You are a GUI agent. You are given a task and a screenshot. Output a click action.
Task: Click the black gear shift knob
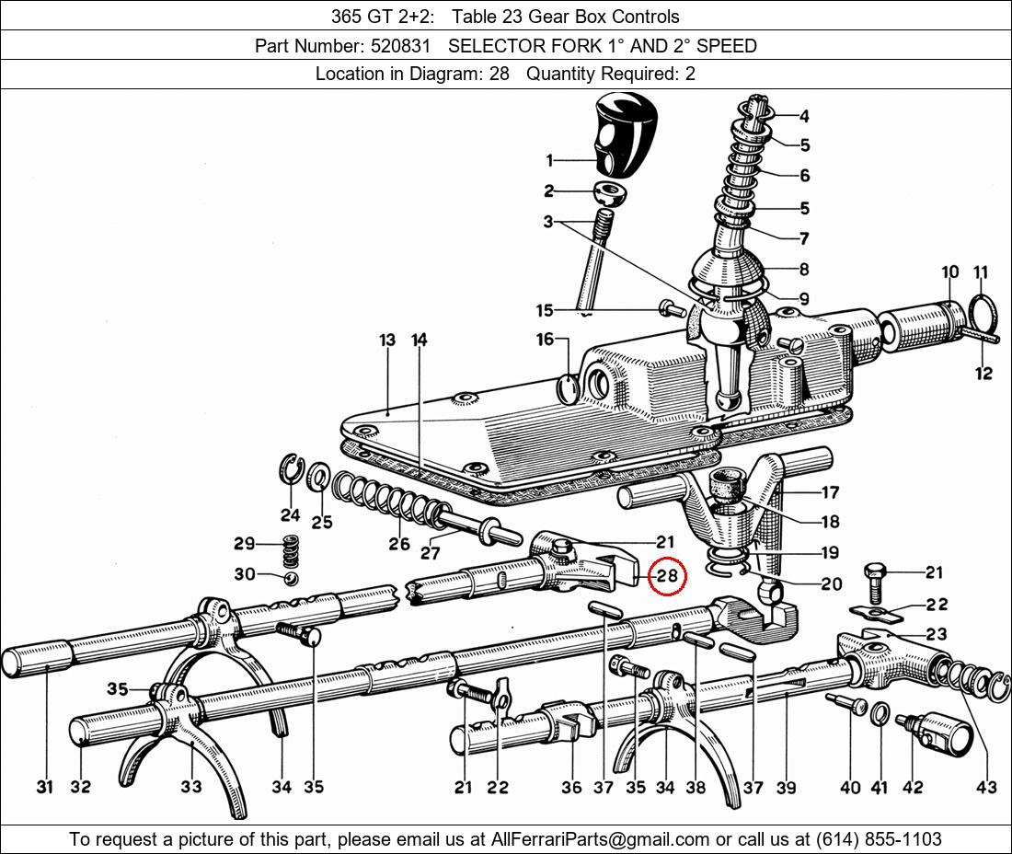(x=624, y=133)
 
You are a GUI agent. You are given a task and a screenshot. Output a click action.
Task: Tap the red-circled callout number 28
(x=667, y=574)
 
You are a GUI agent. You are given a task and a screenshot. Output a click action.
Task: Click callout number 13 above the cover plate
(x=386, y=340)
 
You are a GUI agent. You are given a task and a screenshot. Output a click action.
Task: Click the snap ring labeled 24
(x=291, y=468)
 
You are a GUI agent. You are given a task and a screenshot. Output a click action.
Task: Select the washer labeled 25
(x=318, y=477)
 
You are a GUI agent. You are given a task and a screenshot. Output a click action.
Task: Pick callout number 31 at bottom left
(x=44, y=787)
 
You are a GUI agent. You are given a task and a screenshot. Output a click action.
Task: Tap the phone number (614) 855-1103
(x=879, y=839)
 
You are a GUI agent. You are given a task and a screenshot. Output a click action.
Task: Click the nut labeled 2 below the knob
(x=611, y=192)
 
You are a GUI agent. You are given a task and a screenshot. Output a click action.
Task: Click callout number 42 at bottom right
(x=913, y=788)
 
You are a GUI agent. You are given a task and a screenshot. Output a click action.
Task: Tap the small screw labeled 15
(x=673, y=308)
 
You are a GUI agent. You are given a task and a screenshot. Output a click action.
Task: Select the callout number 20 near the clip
(x=832, y=583)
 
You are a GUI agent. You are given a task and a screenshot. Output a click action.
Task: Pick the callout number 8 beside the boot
(x=804, y=269)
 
